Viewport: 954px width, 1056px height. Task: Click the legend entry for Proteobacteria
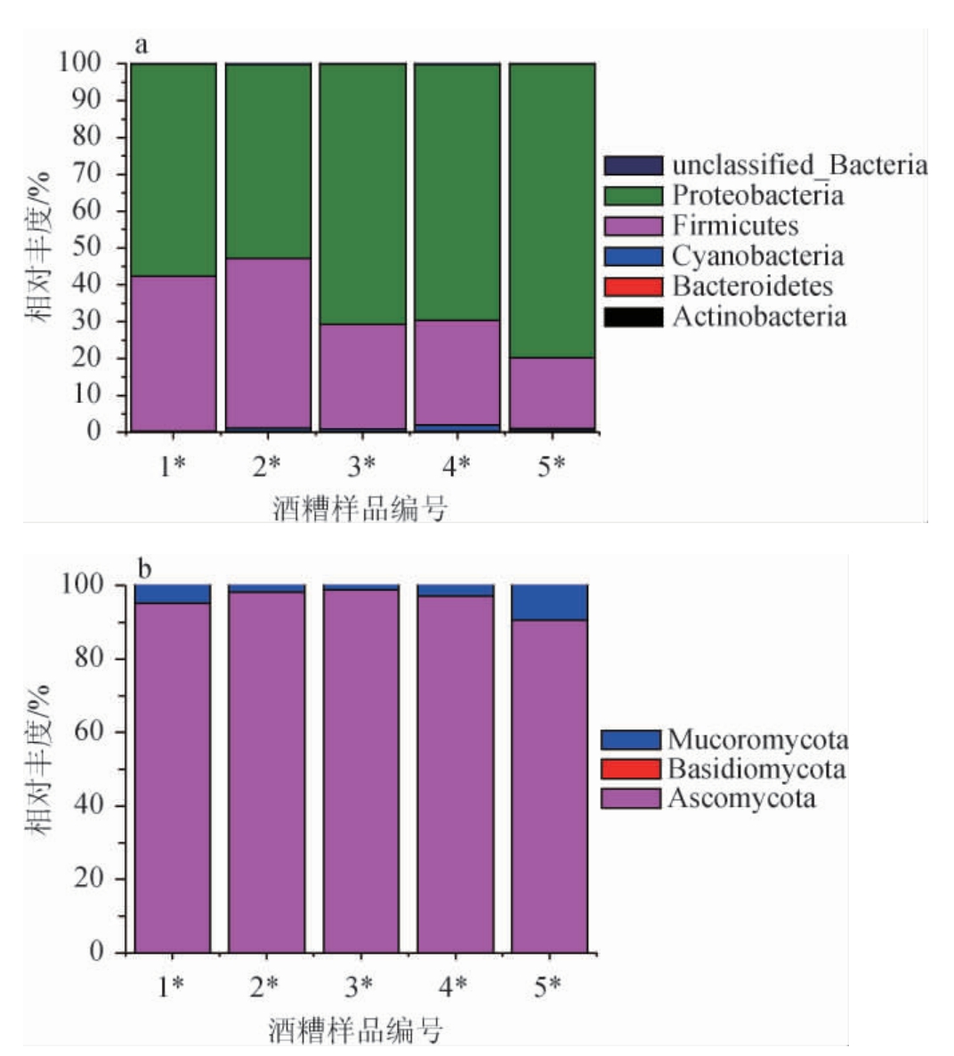[757, 195]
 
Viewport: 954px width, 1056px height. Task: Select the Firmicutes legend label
[735, 225]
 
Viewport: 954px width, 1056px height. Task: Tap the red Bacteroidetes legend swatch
[634, 286]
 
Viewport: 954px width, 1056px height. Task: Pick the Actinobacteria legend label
[759, 317]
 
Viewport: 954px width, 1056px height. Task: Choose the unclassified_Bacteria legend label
[799, 165]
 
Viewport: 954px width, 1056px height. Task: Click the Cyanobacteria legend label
[757, 256]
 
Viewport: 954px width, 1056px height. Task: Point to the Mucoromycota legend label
[757, 739]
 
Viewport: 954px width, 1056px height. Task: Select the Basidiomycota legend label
[756, 769]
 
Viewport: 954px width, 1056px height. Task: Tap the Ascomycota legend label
[741, 797]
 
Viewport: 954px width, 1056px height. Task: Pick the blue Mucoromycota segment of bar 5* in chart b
[549, 602]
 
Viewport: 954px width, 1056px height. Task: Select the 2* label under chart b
[264, 986]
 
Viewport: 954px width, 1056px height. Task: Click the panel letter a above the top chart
[141, 44]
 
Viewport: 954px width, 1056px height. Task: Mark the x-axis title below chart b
[356, 1029]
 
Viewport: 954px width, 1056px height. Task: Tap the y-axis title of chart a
[37, 246]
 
